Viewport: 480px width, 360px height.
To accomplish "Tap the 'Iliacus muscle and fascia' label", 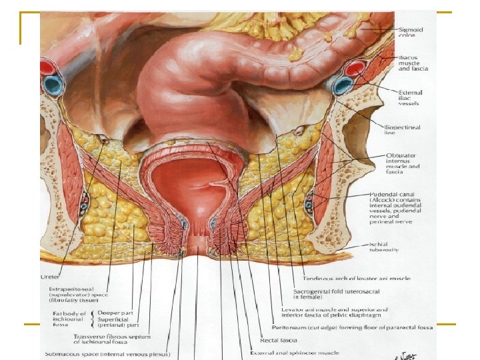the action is (413, 63).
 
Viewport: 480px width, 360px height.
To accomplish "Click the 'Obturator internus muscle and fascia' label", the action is (403, 163).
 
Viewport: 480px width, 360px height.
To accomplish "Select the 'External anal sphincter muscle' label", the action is (294, 353).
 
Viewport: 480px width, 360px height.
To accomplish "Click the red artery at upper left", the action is (47, 67).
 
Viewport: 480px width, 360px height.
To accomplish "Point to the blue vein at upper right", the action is (343, 85).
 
